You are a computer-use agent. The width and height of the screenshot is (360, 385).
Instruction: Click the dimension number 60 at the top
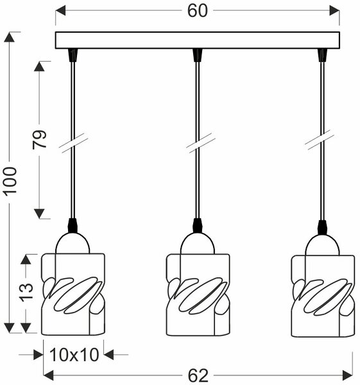[x=198, y=11]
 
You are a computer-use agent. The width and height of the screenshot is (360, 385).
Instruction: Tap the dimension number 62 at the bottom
[x=198, y=375]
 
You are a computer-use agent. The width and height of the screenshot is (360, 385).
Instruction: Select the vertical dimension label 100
[x=11, y=181]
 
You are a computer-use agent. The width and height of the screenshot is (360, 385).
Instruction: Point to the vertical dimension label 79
[x=39, y=139]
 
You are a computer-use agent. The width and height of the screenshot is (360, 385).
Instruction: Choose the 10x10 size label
[x=74, y=355]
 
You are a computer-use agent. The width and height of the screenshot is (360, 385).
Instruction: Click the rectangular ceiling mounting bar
[x=198, y=40]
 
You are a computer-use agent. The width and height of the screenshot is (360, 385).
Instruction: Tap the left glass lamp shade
[x=73, y=294]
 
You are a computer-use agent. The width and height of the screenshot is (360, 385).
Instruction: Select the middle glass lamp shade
[x=198, y=295]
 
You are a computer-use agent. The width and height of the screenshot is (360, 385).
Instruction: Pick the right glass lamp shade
[x=323, y=296]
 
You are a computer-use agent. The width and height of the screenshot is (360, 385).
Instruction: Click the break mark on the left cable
[x=73, y=143]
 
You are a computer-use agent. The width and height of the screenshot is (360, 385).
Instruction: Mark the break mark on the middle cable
[x=200, y=143]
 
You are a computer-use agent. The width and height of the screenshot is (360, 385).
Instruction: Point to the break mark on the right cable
[x=319, y=140]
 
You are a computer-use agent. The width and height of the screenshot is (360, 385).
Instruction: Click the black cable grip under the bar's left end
[x=73, y=55]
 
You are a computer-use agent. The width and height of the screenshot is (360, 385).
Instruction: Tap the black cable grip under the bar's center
[x=198, y=55]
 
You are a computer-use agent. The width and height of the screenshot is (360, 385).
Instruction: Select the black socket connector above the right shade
[x=322, y=227]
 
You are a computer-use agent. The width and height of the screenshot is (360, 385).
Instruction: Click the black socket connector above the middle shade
[x=198, y=225]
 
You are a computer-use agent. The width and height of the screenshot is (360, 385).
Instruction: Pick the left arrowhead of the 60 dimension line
[x=60, y=10]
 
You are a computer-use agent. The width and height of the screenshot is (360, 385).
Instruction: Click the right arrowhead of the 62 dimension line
[x=347, y=375]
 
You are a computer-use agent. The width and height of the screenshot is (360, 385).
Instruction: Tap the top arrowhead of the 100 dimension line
[x=10, y=37]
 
